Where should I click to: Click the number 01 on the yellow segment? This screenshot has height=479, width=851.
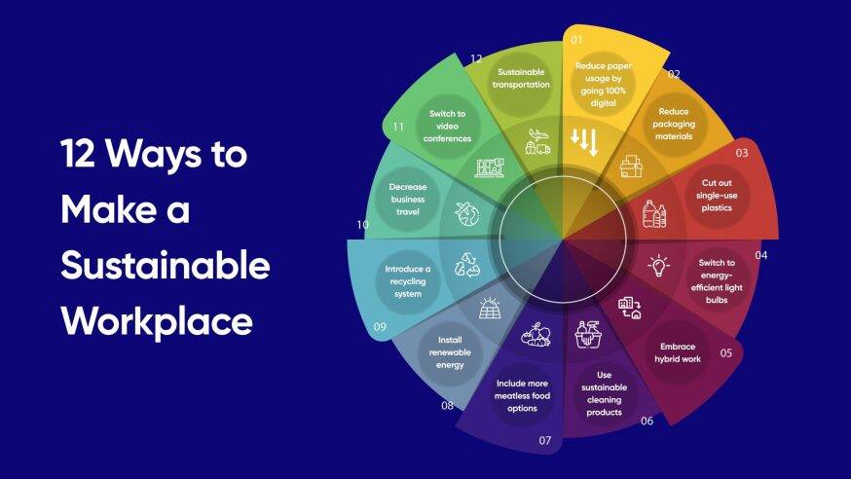coord(576,41)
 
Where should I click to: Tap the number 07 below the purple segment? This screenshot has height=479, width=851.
coord(545,441)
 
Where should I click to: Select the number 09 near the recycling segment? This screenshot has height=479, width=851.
coord(380,327)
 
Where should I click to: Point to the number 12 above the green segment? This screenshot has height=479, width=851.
coord(477,58)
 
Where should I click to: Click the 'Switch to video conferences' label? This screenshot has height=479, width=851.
coord(448,126)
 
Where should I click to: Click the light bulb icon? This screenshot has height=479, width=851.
coord(659,264)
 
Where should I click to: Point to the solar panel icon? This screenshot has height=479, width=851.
coord(489,308)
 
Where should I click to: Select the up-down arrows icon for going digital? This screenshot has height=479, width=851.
coord(584,141)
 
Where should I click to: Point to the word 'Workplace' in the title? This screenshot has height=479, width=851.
coord(156,320)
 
